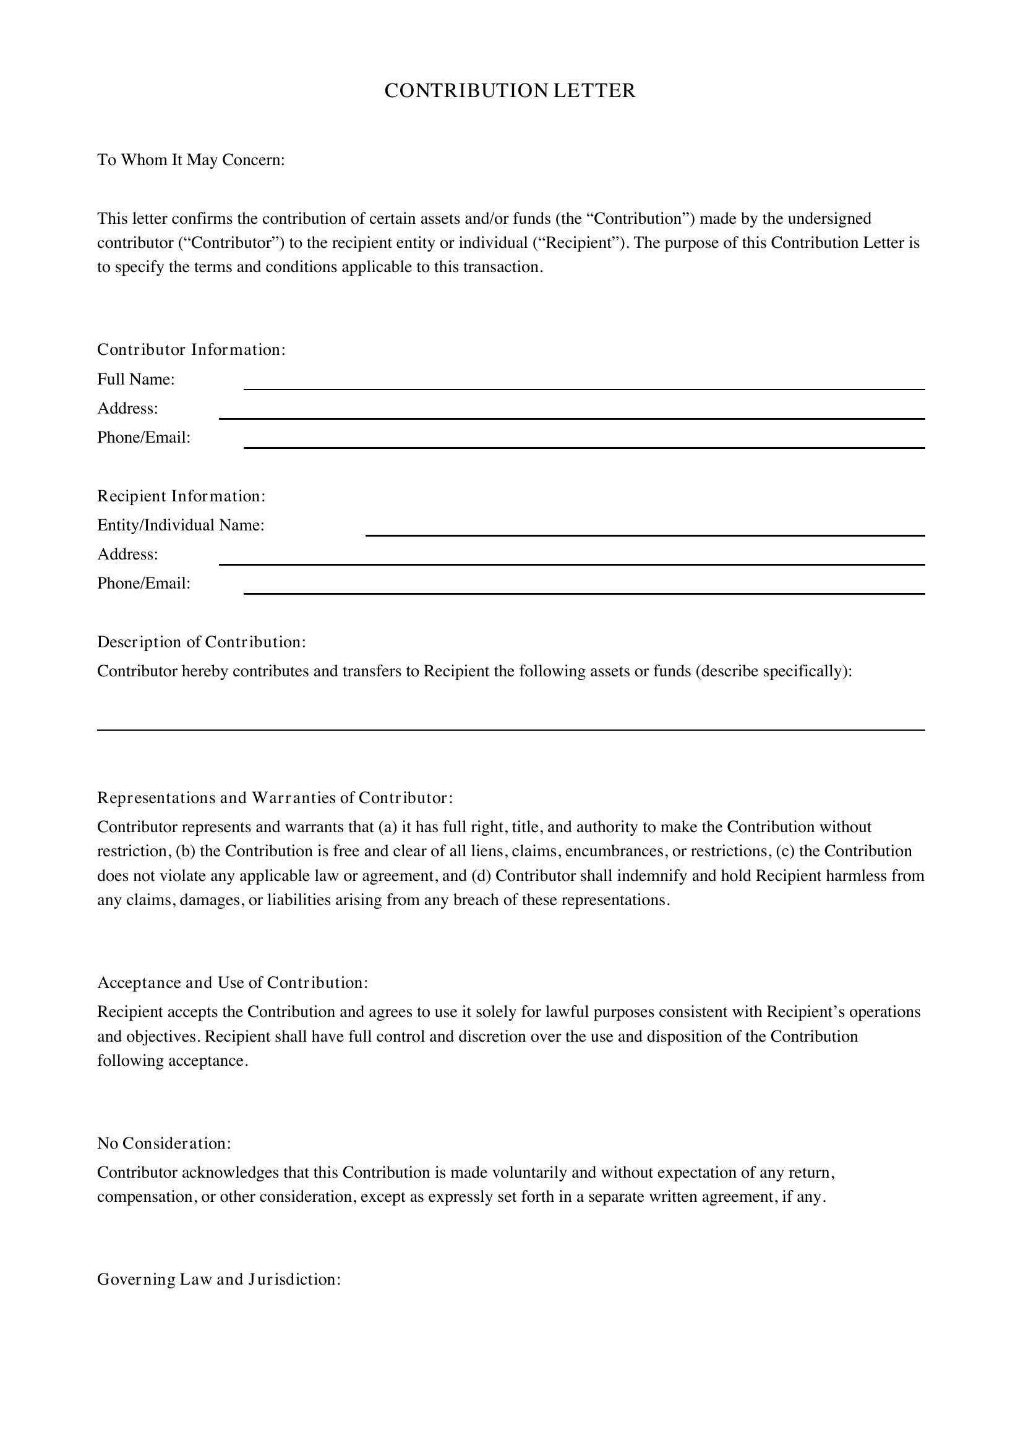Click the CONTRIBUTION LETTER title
click(510, 91)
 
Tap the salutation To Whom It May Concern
click(191, 160)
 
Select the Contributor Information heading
click(192, 349)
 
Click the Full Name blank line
click(584, 383)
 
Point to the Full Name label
click(135, 379)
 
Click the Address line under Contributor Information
click(571, 412)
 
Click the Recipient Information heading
click(181, 496)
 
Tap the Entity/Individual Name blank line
click(645, 530)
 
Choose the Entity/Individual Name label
click(181, 525)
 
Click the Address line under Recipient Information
click(571, 559)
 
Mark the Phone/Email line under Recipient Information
click(584, 587)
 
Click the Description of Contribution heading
click(202, 642)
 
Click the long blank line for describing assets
click(511, 725)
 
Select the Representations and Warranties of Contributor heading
click(275, 798)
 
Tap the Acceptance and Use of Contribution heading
click(233, 983)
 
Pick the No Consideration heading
click(164, 1143)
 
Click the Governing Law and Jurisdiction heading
click(219, 1280)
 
